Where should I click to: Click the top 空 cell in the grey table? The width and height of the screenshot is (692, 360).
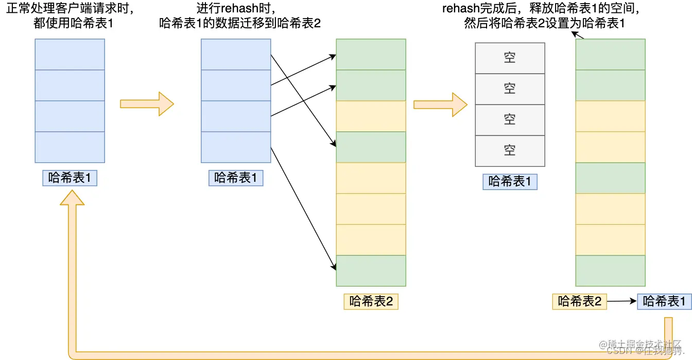coord(510,58)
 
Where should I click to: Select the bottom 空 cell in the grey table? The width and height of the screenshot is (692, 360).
coord(510,150)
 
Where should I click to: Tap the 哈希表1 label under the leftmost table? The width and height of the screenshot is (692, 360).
coord(70,178)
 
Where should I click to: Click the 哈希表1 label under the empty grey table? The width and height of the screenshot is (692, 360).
coord(510,181)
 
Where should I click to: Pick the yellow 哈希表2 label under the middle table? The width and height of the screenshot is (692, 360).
coord(371,301)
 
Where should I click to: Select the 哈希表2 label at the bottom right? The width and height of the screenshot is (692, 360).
coord(579,301)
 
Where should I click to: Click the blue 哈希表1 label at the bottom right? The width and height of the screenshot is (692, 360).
coord(664,301)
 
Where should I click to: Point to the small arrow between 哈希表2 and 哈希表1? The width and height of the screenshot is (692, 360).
coord(622,301)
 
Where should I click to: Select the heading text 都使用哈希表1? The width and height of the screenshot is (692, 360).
coord(70,23)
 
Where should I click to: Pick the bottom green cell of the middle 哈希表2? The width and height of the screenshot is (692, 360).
coord(371,270)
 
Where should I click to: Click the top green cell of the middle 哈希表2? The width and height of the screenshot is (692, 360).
coord(371,54)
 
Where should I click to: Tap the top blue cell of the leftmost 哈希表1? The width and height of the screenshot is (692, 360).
coord(70,54)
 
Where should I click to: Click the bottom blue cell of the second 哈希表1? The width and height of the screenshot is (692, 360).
coord(235,147)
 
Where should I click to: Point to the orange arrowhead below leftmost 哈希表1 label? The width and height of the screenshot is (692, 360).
coord(72,198)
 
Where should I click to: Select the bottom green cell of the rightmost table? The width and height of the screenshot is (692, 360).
coord(610,270)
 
